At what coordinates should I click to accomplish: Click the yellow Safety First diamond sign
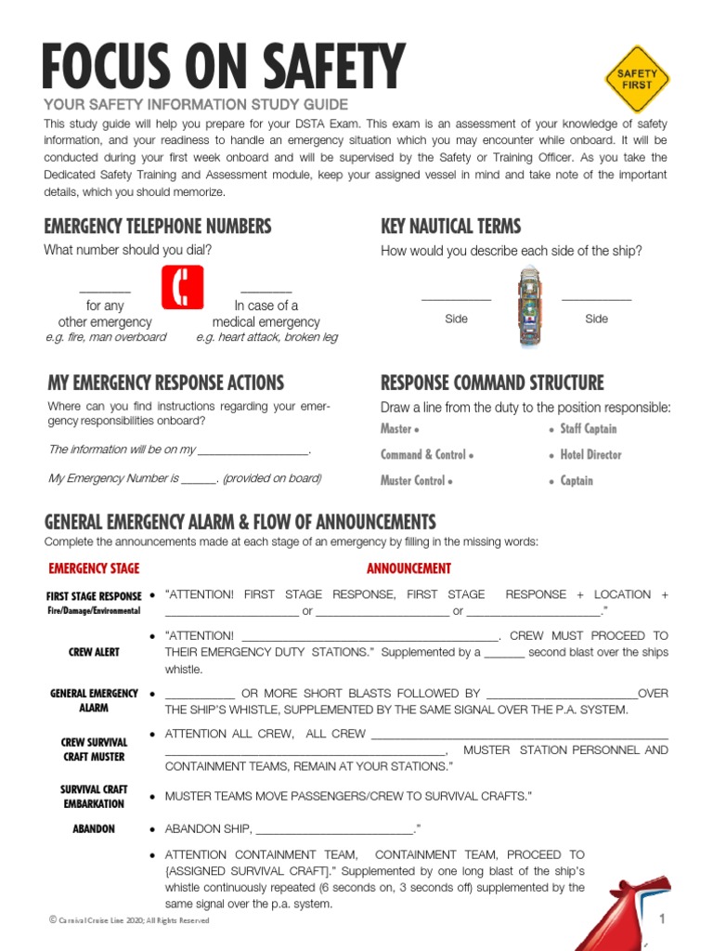(x=637, y=80)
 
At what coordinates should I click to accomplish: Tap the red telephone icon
(x=183, y=287)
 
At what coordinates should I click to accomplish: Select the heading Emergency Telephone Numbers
(x=158, y=227)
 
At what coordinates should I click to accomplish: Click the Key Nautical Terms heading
(x=451, y=227)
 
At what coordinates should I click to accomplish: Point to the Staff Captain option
(x=588, y=429)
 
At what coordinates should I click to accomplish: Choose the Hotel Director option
(x=590, y=455)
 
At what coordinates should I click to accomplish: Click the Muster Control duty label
(x=416, y=481)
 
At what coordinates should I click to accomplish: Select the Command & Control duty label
(x=426, y=455)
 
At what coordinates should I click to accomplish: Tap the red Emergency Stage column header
(x=94, y=568)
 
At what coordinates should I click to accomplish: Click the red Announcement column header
(x=408, y=568)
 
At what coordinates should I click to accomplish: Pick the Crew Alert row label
(x=94, y=652)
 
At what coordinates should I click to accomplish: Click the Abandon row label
(x=94, y=828)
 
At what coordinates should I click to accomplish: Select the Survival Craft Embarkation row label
(x=94, y=796)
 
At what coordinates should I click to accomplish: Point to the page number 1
(x=663, y=919)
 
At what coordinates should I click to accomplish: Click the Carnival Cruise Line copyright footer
(x=129, y=920)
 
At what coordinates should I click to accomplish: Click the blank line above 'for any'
(x=105, y=291)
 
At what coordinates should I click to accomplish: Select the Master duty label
(x=398, y=429)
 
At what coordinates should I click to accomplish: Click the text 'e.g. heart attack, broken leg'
(x=267, y=337)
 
